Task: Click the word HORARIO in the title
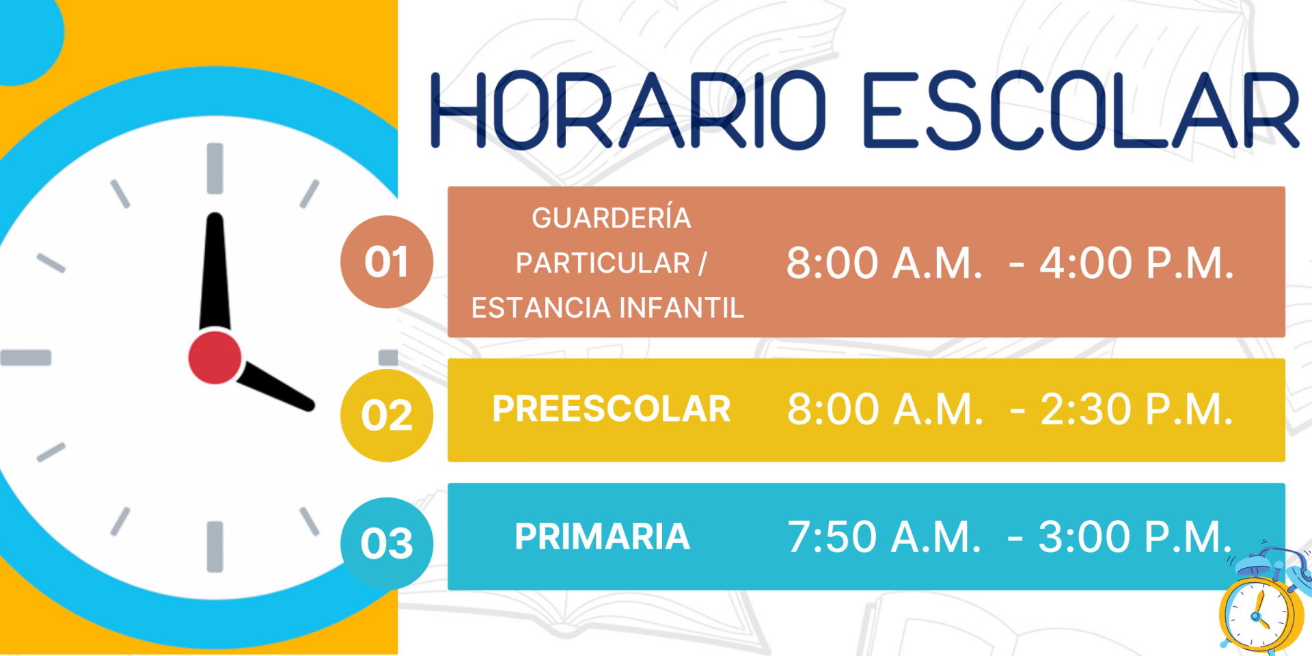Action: (x=628, y=110)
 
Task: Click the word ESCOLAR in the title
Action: (x=1081, y=110)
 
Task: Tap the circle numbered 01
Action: (x=387, y=262)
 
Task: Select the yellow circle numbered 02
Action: (x=387, y=415)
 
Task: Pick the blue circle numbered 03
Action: (x=387, y=543)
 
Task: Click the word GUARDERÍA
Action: (x=612, y=218)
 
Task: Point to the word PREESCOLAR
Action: (x=612, y=409)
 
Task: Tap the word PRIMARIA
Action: (x=602, y=536)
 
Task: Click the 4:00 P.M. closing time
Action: (x=1137, y=263)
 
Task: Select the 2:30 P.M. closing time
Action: (x=1137, y=409)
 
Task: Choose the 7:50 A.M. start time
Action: (x=884, y=536)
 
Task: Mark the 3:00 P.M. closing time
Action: (x=1136, y=536)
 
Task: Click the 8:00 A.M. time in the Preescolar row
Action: (x=885, y=409)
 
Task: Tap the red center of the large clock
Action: (x=215, y=357)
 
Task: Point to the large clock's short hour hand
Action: (x=275, y=386)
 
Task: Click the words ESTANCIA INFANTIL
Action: (x=607, y=307)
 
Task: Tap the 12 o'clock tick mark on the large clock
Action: (x=215, y=168)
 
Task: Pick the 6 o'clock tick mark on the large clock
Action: (x=215, y=547)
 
